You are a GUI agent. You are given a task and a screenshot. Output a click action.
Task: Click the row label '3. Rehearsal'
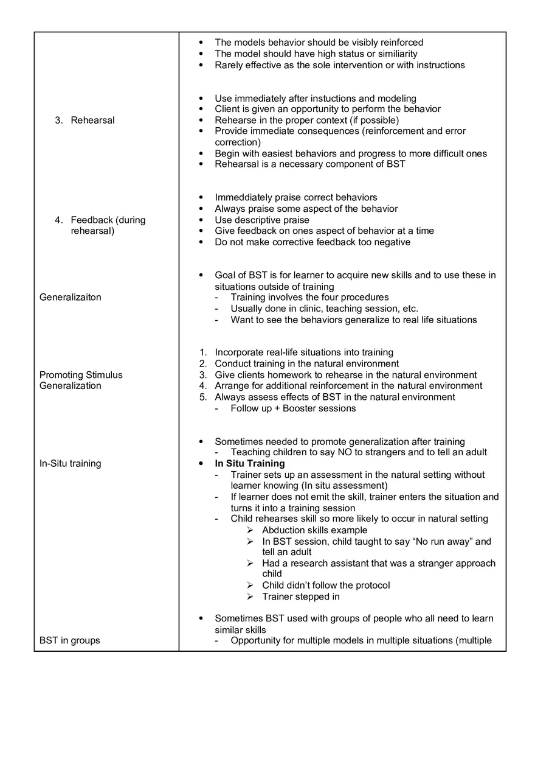(x=85, y=120)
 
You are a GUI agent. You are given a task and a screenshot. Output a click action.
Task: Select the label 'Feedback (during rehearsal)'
(x=101, y=225)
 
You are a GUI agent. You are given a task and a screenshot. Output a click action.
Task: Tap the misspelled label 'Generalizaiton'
(x=71, y=297)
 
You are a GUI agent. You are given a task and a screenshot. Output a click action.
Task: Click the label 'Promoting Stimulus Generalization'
(x=81, y=380)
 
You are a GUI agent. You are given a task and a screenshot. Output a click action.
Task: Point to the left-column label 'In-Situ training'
(x=71, y=463)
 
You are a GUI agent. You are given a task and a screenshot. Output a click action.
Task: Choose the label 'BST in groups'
(x=70, y=640)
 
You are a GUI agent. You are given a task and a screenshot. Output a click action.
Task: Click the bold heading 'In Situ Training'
(x=250, y=463)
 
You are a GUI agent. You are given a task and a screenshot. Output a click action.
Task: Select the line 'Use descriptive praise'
(x=262, y=220)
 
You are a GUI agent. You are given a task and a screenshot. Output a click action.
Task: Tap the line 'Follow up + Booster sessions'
(x=293, y=408)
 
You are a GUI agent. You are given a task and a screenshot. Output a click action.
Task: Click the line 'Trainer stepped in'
(x=301, y=596)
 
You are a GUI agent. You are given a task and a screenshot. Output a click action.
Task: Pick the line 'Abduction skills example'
(x=314, y=530)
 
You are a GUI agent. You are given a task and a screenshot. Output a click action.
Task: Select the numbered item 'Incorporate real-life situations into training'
(x=304, y=352)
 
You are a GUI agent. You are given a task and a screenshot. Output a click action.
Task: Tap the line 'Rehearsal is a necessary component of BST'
(x=310, y=164)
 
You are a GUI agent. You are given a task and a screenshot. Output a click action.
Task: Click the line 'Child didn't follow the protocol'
(x=326, y=585)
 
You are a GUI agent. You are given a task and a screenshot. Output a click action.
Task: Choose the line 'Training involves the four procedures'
(x=309, y=297)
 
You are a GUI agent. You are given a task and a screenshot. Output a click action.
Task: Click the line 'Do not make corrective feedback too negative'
(x=312, y=242)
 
